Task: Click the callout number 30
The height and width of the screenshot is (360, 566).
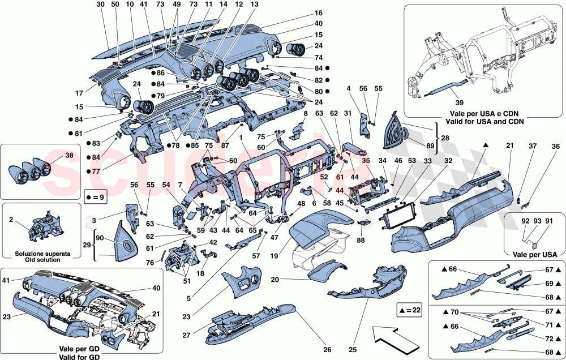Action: tap(100, 5)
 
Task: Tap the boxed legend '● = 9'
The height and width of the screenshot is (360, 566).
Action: tap(96, 198)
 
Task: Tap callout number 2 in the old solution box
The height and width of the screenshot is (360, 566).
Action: tap(11, 218)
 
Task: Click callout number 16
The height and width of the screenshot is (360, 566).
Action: tap(319, 12)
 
